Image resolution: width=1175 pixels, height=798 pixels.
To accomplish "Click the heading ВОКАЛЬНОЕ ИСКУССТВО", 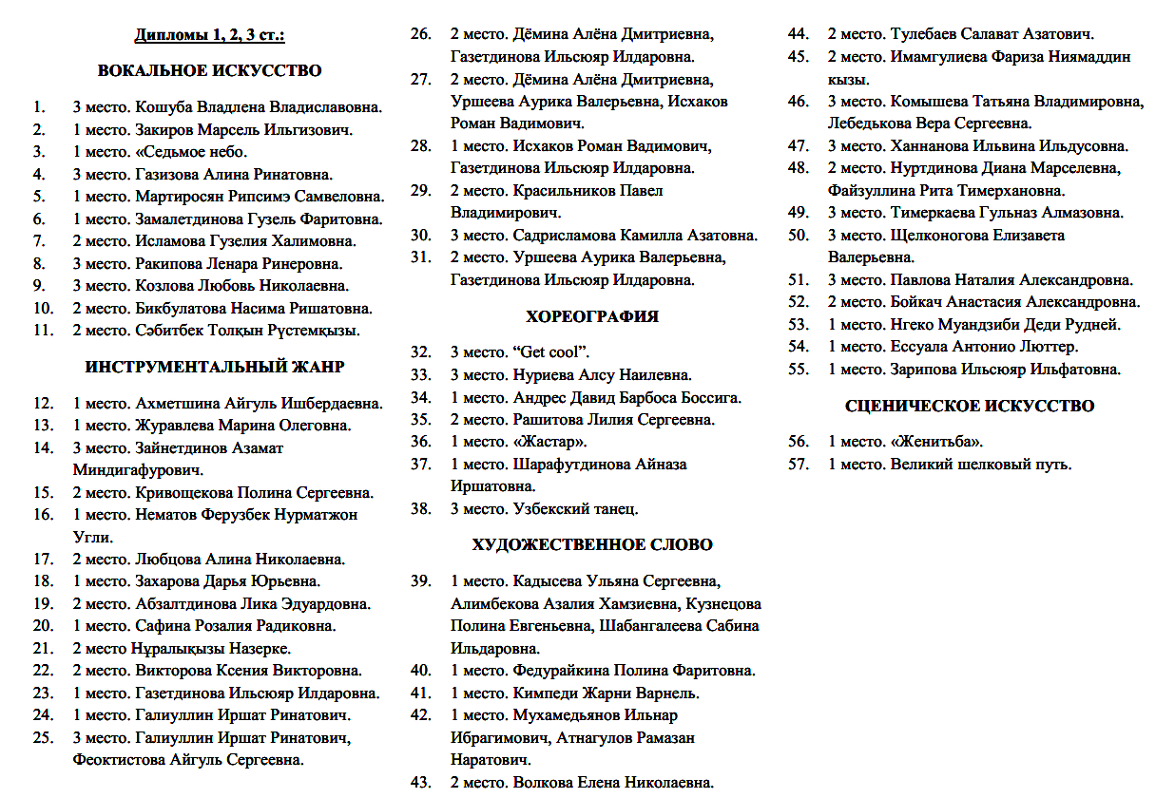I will [209, 70].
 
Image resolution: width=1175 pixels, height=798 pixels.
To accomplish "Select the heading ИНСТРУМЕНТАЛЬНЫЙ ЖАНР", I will [215, 367].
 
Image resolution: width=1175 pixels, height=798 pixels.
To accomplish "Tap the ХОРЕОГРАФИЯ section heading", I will [592, 316].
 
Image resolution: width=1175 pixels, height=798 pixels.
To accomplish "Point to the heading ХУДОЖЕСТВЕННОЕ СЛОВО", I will [592, 545].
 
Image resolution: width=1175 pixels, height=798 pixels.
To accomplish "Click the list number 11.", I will [42, 331].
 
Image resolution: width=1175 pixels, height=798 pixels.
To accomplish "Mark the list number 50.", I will [799, 236].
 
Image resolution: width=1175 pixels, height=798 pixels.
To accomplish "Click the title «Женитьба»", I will [937, 442].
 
